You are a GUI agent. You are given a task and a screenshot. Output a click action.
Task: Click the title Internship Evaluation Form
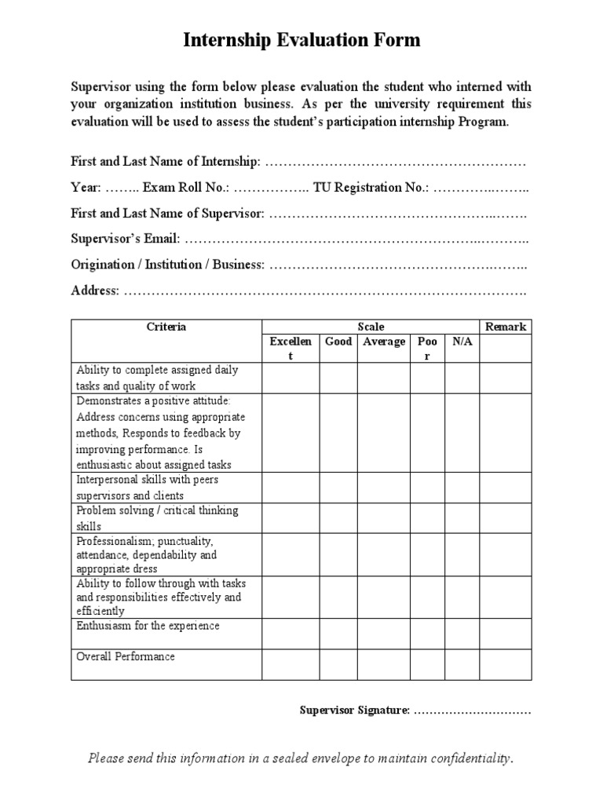click(x=301, y=41)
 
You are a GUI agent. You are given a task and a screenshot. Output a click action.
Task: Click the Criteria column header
click(x=166, y=327)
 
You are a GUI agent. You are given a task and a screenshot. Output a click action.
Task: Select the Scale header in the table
click(x=371, y=327)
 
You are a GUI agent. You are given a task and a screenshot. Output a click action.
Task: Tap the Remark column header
click(x=506, y=327)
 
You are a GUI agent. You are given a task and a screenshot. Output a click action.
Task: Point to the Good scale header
click(x=338, y=342)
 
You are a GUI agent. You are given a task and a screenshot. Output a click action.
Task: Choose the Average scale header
click(x=384, y=342)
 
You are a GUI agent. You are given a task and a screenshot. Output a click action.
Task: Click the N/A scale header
click(x=462, y=342)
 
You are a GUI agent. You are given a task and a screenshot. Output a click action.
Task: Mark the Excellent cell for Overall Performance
click(x=291, y=664)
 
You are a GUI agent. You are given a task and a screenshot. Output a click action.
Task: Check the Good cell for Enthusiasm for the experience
click(x=338, y=634)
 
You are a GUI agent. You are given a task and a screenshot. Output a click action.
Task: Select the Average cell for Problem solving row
click(x=384, y=518)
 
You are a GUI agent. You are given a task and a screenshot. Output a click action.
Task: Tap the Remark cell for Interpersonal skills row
click(x=506, y=487)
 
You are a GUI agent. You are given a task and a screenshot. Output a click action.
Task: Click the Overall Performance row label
click(x=125, y=656)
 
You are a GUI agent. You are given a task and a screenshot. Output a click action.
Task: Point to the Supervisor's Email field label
click(x=126, y=238)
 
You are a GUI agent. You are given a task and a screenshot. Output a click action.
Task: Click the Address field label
click(x=95, y=291)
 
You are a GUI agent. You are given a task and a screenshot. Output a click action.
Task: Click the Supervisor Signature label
click(x=354, y=711)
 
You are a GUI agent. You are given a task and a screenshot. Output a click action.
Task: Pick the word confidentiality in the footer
click(x=459, y=758)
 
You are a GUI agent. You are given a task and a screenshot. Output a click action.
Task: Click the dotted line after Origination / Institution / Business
click(x=397, y=265)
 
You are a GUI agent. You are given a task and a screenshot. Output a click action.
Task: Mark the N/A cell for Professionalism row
click(x=462, y=554)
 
